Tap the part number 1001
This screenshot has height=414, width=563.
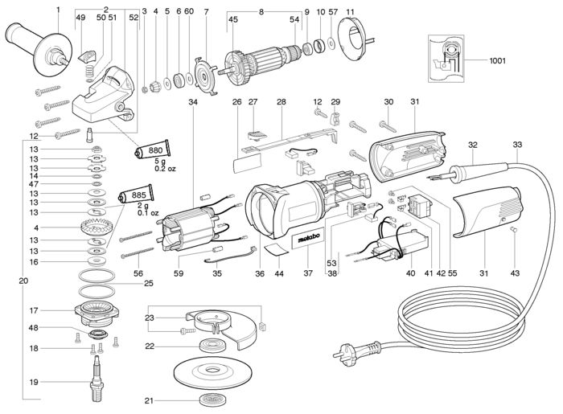coord(497,60)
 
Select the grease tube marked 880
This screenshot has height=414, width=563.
coord(153,150)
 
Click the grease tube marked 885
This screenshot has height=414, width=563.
coord(136,195)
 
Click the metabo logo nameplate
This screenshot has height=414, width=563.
coord(308,242)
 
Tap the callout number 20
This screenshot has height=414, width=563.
coord(23,281)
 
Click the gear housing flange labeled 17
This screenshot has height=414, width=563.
coord(97,311)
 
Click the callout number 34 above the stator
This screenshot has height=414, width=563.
coord(193,102)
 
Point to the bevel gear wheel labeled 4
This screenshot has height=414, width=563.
coord(95,226)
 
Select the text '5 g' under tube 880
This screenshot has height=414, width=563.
coord(160,162)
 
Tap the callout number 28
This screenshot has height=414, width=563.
coord(281,102)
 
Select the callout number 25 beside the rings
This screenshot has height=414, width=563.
coord(149,284)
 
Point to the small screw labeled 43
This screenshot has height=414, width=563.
coord(514,230)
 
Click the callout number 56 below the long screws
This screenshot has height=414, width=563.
coord(138,274)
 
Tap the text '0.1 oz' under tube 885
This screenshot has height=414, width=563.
coord(148,213)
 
